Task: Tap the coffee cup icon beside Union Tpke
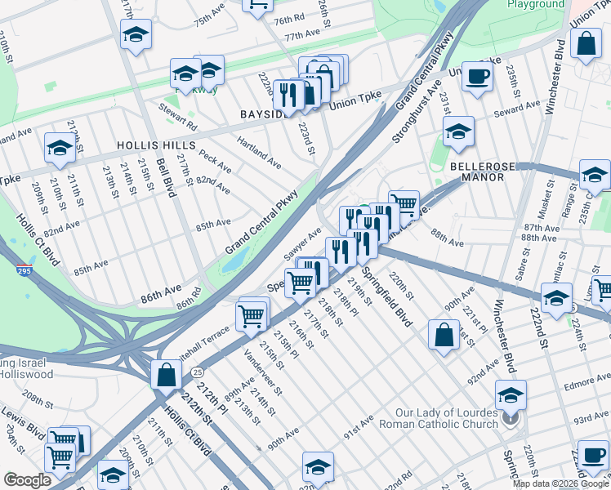(478, 77)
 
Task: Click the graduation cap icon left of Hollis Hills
(60, 148)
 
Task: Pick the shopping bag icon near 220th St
(443, 336)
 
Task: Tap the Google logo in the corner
(27, 479)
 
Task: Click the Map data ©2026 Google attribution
(560, 483)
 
